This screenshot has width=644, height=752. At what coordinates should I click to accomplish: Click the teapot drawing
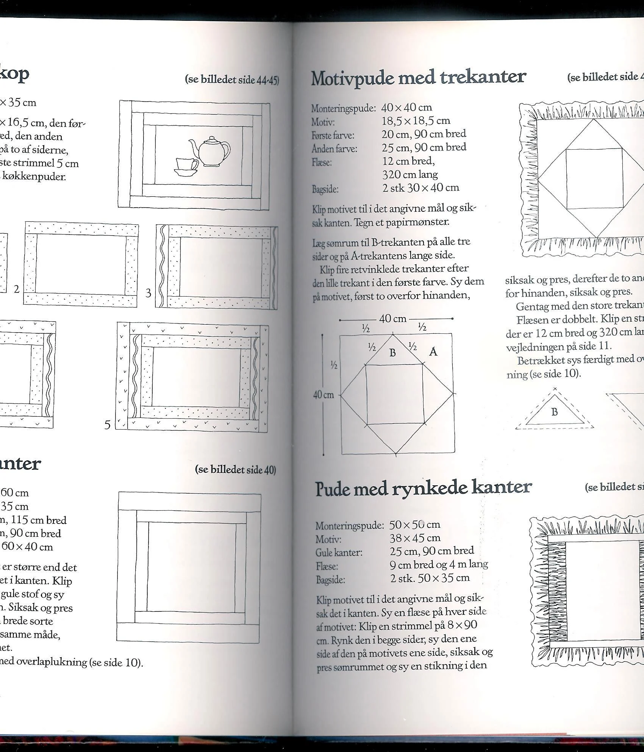(211, 150)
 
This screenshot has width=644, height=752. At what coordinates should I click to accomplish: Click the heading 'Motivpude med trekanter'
(418, 78)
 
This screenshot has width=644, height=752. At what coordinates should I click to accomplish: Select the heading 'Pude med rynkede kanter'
(423, 488)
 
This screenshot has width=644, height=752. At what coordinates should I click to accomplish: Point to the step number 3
(148, 293)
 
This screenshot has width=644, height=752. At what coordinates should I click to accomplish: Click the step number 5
(108, 425)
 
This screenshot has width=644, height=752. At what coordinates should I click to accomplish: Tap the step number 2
(17, 289)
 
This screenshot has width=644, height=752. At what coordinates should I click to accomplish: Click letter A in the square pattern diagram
(433, 352)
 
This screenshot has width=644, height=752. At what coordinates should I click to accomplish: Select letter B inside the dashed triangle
(555, 412)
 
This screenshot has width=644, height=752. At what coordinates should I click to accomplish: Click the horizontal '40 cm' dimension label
(392, 319)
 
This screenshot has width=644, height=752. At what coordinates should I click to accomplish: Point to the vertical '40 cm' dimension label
(323, 395)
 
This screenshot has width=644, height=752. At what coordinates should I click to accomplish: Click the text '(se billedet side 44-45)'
(232, 80)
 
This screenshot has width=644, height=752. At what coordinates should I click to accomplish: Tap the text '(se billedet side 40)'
(235, 470)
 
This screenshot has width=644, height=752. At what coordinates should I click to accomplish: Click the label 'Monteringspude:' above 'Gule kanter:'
(350, 526)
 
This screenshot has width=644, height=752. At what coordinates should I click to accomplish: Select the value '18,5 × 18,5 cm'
(416, 121)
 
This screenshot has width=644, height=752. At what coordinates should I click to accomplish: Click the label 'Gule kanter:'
(339, 552)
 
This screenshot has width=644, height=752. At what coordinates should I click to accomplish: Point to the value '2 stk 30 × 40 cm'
(420, 188)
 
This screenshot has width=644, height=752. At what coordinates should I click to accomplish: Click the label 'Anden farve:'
(334, 149)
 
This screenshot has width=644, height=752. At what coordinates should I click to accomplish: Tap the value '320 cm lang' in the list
(410, 175)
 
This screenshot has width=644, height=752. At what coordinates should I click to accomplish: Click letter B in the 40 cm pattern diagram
(392, 353)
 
